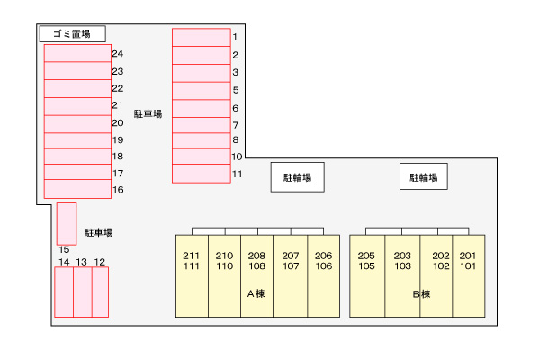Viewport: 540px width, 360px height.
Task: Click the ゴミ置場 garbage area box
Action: click(x=73, y=34)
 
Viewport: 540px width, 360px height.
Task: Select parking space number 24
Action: click(x=77, y=53)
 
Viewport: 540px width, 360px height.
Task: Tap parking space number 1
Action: click(x=202, y=37)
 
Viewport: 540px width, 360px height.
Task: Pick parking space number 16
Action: click(x=77, y=189)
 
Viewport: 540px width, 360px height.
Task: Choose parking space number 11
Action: click(x=202, y=174)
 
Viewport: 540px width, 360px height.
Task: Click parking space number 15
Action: click(x=67, y=224)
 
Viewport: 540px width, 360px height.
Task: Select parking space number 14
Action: click(x=64, y=292)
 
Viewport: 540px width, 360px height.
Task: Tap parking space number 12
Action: click(x=100, y=292)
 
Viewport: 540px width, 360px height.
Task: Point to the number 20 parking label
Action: click(x=118, y=123)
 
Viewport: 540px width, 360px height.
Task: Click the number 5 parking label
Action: click(x=236, y=90)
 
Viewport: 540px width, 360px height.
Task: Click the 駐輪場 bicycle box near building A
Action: click(x=298, y=177)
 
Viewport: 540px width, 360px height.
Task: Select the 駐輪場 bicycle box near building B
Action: click(x=424, y=176)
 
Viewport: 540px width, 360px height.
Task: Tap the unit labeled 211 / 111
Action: click(x=192, y=276)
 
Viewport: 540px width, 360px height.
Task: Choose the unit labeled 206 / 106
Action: click(x=324, y=276)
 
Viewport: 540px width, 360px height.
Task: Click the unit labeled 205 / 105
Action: click(x=367, y=276)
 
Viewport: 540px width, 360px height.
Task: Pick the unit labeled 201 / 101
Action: click(x=469, y=276)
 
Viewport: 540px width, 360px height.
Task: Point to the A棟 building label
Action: click(x=256, y=294)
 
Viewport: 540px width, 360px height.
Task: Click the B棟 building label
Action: click(x=421, y=294)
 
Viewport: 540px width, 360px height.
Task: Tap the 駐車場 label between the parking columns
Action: click(x=148, y=114)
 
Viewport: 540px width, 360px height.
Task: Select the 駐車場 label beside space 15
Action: click(x=98, y=232)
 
